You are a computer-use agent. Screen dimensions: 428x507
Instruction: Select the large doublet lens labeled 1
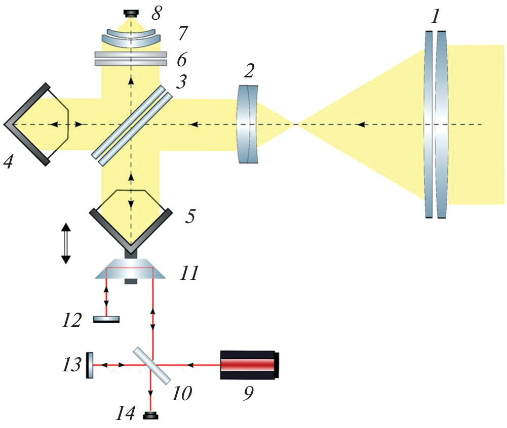point(436,124)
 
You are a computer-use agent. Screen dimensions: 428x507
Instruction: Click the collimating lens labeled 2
point(248,124)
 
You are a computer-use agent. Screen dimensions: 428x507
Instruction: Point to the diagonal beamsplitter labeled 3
point(131,125)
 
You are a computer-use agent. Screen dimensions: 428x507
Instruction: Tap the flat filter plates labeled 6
point(131,58)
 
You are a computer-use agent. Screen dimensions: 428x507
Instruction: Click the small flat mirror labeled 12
point(106,319)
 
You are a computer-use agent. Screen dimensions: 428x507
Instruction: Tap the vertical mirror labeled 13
point(90,365)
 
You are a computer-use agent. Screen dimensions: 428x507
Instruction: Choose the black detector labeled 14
point(150,416)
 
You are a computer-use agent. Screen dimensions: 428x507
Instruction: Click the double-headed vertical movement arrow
point(65,244)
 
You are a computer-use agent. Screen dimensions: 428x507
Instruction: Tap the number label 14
point(126,414)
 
